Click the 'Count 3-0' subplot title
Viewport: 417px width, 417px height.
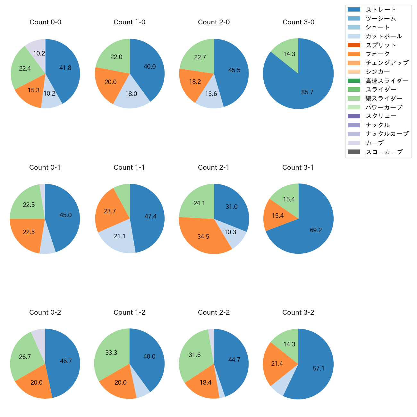298,22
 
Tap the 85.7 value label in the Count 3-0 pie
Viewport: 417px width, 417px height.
307,92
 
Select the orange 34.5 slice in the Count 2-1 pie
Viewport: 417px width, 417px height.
203,236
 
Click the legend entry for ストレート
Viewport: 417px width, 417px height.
381,10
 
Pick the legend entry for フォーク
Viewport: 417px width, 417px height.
378,54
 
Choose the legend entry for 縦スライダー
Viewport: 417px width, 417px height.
384,98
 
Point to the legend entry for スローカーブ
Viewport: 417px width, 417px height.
384,152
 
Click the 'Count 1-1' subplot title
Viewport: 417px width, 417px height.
129,167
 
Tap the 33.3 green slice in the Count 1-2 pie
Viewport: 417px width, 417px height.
111,353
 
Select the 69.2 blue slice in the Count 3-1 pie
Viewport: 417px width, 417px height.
316,230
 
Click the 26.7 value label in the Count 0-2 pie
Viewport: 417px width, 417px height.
25,357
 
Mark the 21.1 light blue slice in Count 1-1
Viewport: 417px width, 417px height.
120,236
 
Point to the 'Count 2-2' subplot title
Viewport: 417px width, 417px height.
214,312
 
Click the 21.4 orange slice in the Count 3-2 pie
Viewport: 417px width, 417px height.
277,363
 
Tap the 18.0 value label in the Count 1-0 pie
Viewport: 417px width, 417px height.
131,94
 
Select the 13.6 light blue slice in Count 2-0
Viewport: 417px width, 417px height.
211,94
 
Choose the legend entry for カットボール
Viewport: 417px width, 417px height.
384,36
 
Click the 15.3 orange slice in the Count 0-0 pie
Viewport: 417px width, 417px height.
33,90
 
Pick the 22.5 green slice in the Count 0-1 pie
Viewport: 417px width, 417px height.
29,205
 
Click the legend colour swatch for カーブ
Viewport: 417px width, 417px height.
354,143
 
